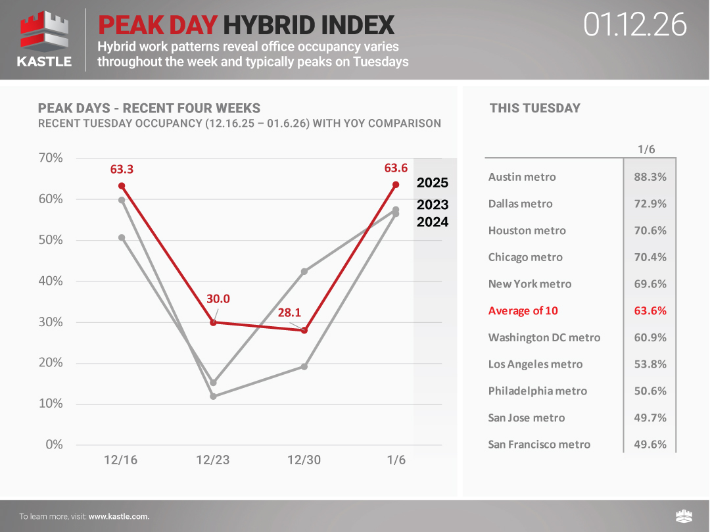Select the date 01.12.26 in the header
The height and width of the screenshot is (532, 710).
pos(634,25)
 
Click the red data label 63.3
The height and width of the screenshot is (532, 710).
pos(122,169)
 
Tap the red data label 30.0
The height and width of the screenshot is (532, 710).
pos(218,299)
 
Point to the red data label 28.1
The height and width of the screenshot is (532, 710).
pos(289,313)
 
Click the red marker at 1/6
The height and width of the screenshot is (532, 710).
pos(396,185)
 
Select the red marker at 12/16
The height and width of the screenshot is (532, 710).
pos(122,185)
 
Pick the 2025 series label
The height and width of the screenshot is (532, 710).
pos(432,183)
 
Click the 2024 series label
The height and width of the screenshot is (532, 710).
pos(432,222)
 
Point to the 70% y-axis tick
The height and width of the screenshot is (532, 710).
pos(50,158)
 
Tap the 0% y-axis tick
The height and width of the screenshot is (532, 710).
pos(54,445)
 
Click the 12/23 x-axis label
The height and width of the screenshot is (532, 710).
pos(213,460)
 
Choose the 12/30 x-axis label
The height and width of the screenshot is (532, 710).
pos(304,460)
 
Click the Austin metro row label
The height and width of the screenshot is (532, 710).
pos(522,177)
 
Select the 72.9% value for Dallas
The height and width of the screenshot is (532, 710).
pos(650,204)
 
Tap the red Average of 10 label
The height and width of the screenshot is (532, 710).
pos(523,310)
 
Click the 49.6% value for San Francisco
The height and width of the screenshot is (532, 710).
pos(650,445)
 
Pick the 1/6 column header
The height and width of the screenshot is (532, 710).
pos(646,149)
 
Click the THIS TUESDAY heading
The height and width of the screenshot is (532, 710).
pos(534,109)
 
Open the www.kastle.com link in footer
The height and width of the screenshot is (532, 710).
pos(119,517)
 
